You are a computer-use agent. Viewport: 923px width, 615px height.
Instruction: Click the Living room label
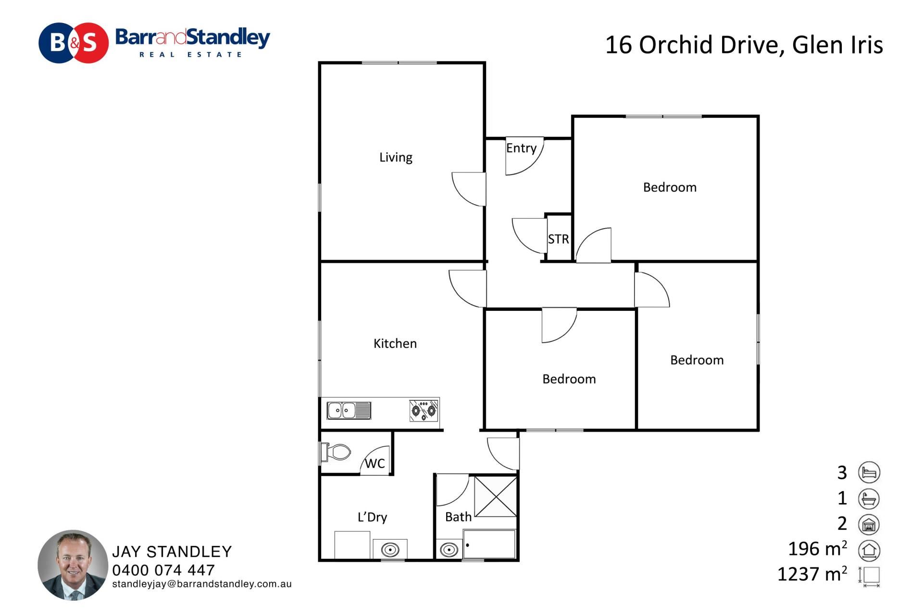click(x=396, y=158)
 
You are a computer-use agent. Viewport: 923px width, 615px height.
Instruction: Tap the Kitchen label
click(x=395, y=344)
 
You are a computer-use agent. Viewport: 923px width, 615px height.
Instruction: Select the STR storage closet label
click(x=558, y=239)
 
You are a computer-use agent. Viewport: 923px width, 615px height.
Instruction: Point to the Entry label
click(x=521, y=148)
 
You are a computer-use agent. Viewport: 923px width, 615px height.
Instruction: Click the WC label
click(x=375, y=464)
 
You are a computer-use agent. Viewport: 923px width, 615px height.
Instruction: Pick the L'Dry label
click(x=372, y=517)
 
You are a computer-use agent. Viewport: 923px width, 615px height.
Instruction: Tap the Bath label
click(x=458, y=517)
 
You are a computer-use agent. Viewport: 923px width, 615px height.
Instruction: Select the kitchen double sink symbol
click(x=349, y=411)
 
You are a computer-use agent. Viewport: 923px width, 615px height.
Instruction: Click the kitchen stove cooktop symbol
click(x=424, y=411)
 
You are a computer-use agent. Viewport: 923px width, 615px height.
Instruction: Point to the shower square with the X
click(x=496, y=496)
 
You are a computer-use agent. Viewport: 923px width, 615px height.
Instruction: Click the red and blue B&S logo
click(x=74, y=43)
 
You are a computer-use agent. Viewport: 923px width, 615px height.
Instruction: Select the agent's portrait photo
click(x=73, y=565)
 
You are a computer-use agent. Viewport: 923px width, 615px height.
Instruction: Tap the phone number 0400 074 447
click(x=163, y=570)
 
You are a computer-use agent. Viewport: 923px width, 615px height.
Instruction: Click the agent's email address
click(x=202, y=584)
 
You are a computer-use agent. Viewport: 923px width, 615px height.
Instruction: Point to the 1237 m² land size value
click(x=812, y=574)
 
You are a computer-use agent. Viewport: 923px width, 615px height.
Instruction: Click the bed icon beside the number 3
click(x=869, y=472)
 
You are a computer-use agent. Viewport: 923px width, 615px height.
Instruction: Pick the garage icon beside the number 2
click(x=869, y=524)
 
